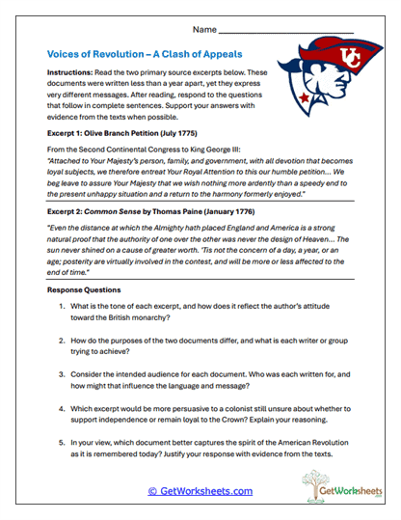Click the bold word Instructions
73,73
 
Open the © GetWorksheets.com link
200,491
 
